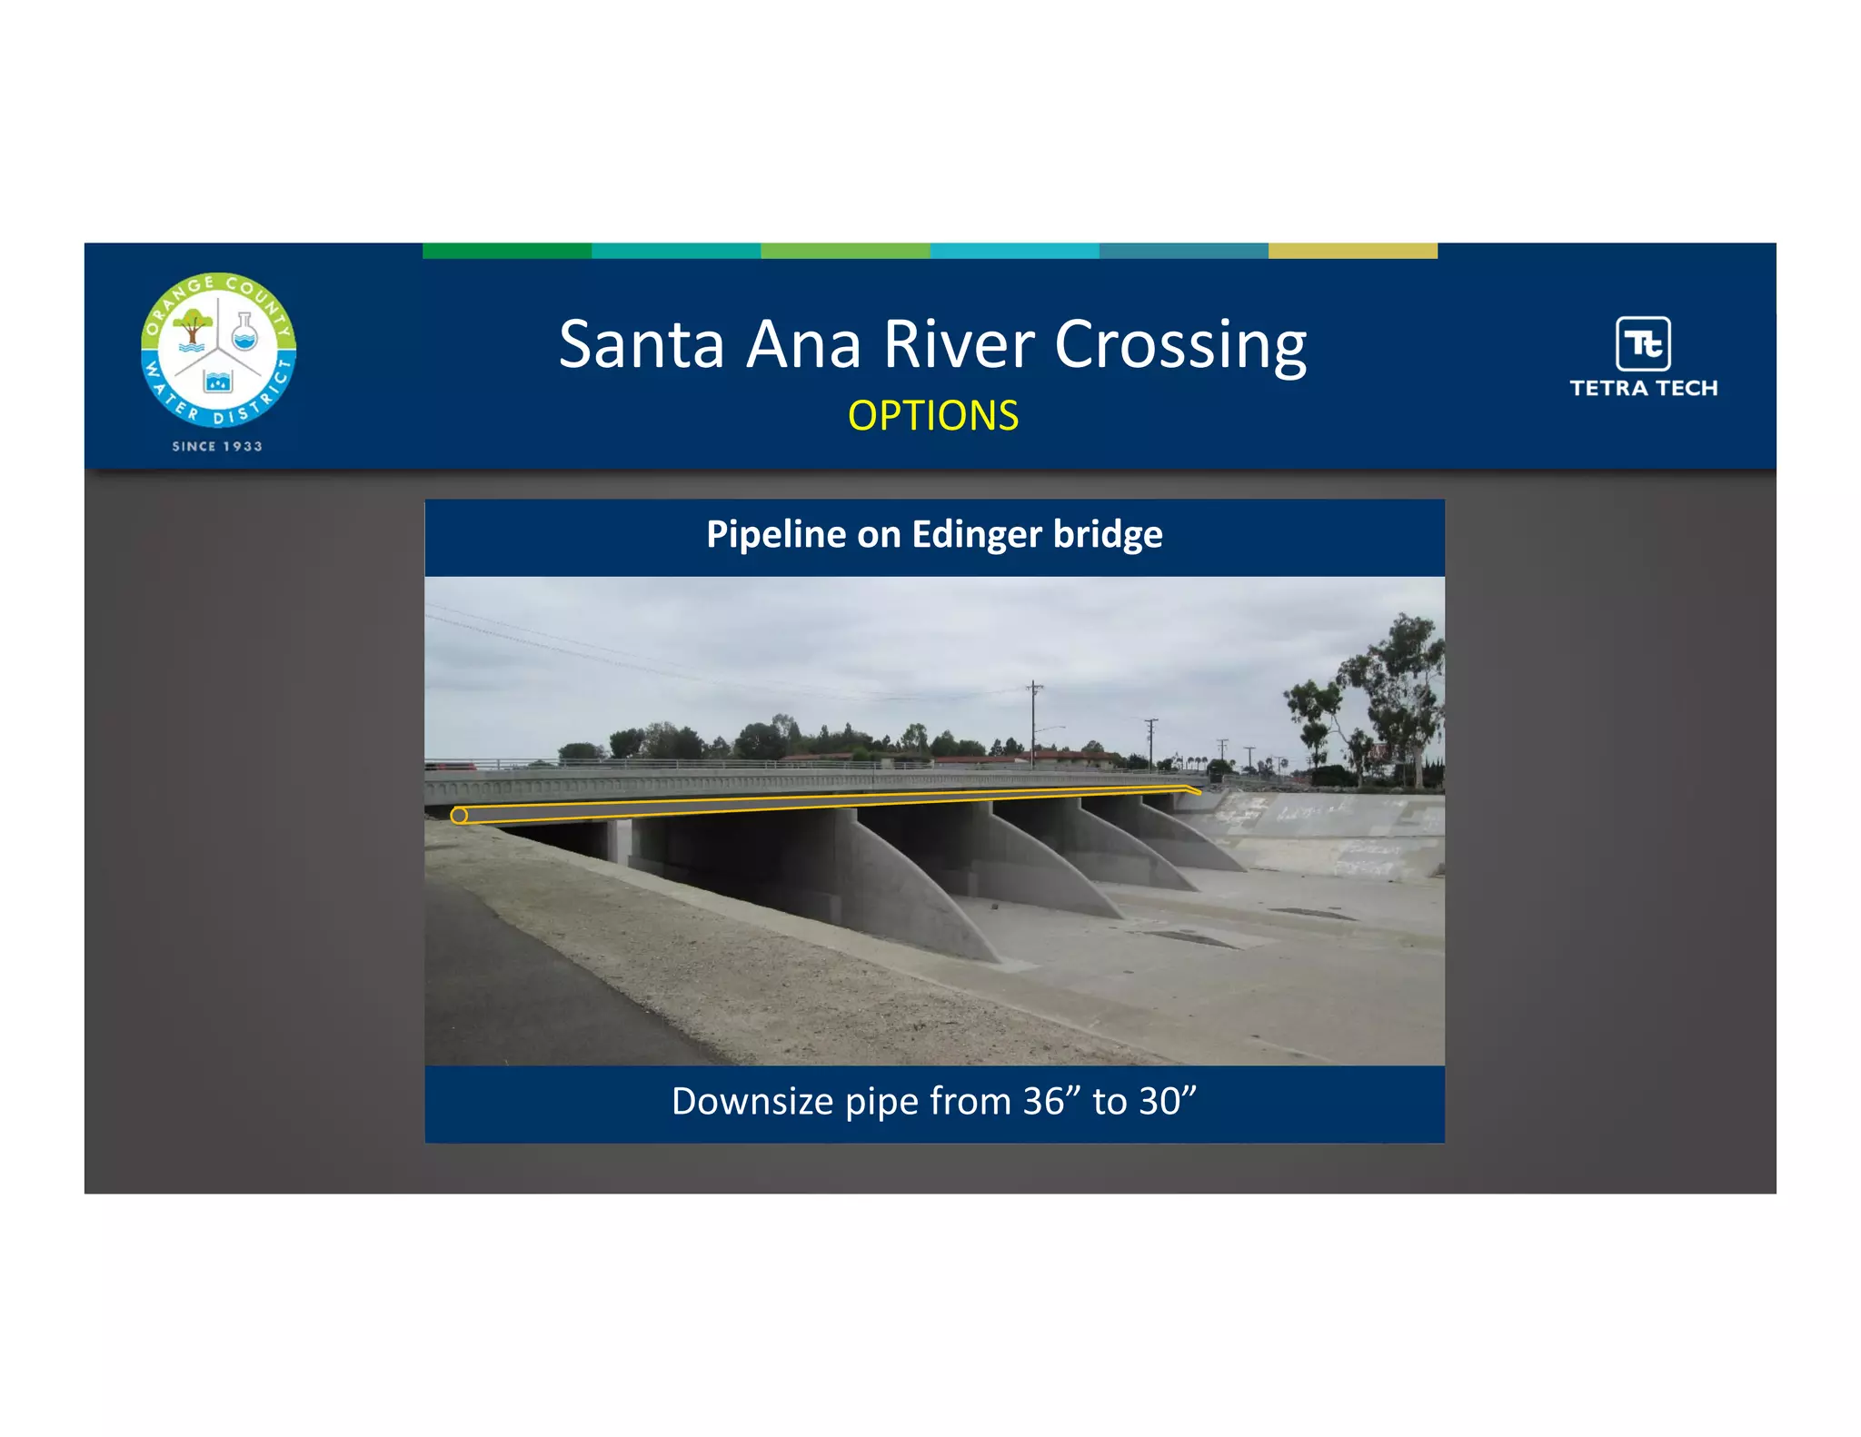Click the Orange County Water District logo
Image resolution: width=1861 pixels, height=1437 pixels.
(218, 350)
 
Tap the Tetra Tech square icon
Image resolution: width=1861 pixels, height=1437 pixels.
(1643, 343)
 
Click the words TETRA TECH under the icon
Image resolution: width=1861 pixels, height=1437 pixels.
(1643, 389)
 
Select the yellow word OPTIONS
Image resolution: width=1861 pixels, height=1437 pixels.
(933, 416)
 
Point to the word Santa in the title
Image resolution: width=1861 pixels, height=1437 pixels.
(642, 345)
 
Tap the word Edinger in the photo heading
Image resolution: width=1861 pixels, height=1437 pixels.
(976, 534)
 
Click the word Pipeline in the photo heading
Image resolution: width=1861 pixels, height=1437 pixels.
(777, 534)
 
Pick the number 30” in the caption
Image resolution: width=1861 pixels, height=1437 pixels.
(1168, 1101)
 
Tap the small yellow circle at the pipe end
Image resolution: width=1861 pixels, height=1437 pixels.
(459, 816)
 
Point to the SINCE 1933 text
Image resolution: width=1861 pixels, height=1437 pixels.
(217, 446)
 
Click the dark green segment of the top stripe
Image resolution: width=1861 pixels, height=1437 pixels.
(507, 251)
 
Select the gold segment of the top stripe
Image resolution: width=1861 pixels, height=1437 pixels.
(1352, 251)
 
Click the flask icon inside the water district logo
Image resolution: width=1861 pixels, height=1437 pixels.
(244, 332)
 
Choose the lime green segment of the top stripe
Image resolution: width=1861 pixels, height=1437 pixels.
(845, 251)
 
